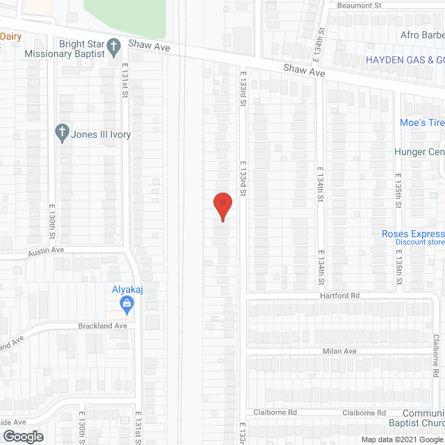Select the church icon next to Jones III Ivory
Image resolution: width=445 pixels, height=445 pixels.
(x=62, y=132)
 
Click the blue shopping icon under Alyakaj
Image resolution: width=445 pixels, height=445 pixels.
(x=127, y=302)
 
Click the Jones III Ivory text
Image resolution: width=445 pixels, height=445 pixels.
(x=101, y=135)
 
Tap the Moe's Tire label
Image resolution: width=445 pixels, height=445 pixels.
(x=421, y=123)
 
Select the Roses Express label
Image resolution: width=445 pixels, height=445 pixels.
(x=413, y=234)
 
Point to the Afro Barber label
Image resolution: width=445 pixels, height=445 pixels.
(x=422, y=35)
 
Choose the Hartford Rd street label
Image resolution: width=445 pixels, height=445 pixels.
(x=340, y=296)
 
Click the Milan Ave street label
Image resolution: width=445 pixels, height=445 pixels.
(x=339, y=351)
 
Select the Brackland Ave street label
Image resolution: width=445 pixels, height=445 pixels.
(x=102, y=325)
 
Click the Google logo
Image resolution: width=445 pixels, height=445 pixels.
(x=23, y=436)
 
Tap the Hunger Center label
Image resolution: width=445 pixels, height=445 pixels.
(x=419, y=152)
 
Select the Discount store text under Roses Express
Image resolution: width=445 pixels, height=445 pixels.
(x=420, y=243)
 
